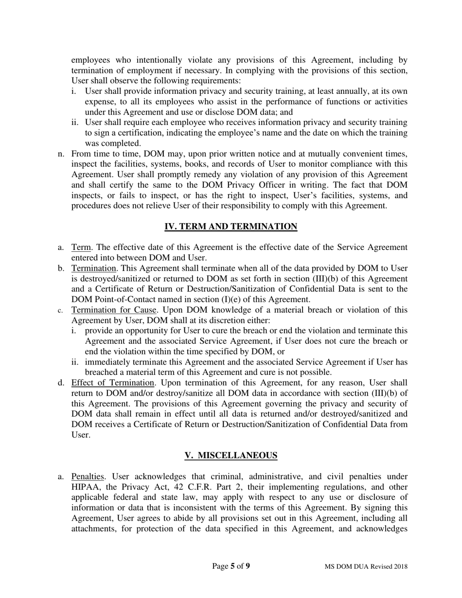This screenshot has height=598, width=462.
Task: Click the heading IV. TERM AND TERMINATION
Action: (x=231, y=227)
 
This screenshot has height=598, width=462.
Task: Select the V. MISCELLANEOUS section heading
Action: (x=231, y=456)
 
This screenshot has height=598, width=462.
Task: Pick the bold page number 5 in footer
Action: (x=232, y=566)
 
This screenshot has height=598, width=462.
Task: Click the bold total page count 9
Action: (x=248, y=566)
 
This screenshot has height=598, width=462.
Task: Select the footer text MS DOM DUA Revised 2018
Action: (x=366, y=566)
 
